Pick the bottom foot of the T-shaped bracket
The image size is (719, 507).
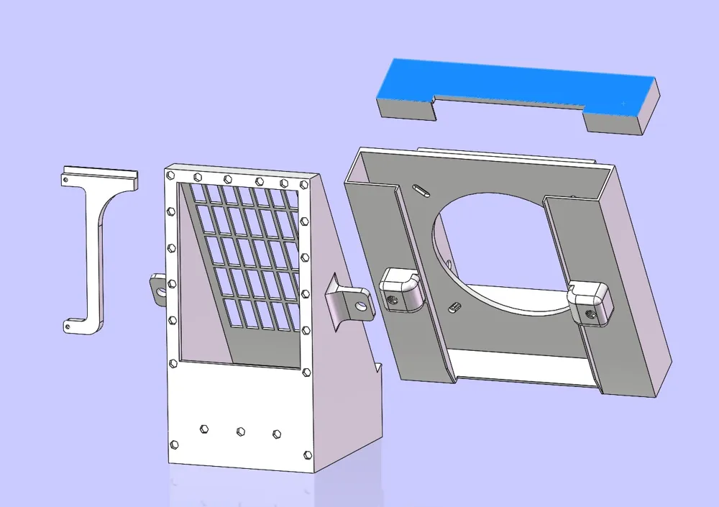click(x=83, y=326)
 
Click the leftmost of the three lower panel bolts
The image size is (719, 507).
click(x=203, y=429)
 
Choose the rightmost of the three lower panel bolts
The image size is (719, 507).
click(x=277, y=434)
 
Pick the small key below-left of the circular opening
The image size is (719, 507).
click(x=454, y=308)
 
